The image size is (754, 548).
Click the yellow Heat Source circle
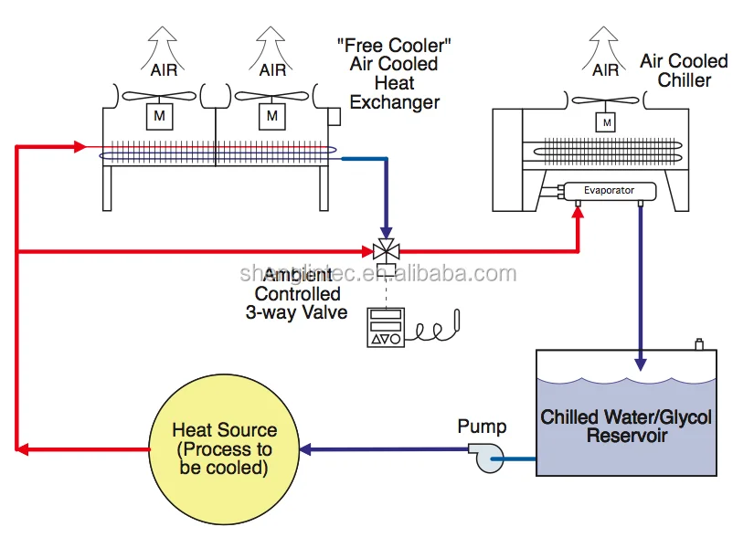click(x=224, y=449)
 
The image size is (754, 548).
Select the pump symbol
click(x=484, y=456)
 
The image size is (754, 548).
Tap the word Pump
click(x=482, y=427)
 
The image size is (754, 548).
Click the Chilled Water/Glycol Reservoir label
click(x=626, y=427)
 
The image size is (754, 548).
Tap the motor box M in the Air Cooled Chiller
click(x=604, y=121)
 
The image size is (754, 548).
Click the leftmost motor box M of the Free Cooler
click(x=159, y=115)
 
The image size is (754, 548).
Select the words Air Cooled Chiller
click(x=684, y=70)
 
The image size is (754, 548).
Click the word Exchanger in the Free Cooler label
click(x=394, y=102)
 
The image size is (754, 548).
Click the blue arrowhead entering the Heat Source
click(x=307, y=449)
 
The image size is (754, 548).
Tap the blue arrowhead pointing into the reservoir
click(x=641, y=364)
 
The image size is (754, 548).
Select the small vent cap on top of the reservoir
click(x=698, y=345)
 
